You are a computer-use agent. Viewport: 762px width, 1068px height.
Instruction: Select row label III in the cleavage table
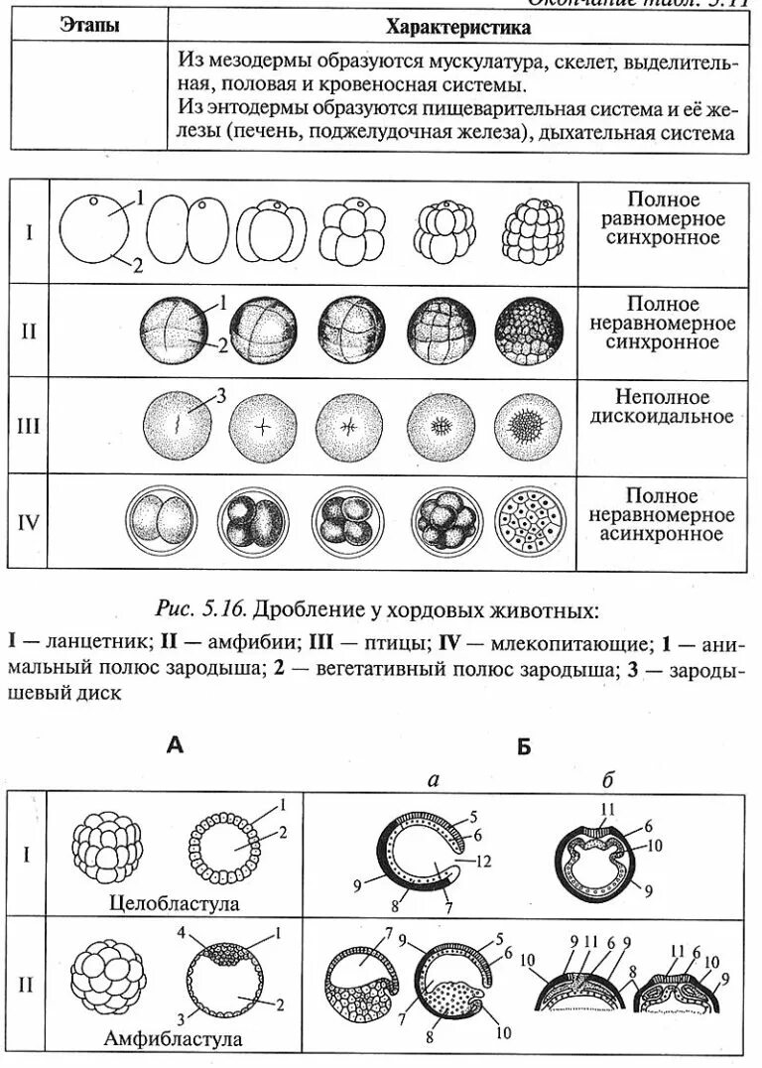coord(30,427)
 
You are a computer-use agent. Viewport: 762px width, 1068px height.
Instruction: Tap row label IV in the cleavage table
coord(30,521)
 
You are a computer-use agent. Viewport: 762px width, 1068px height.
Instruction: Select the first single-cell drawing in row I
coord(95,231)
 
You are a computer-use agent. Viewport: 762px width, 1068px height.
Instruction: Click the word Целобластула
coord(176,904)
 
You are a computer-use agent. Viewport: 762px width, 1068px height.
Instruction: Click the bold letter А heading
coord(175,746)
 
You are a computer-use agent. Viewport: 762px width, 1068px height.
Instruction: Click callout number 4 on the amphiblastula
coord(182,934)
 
